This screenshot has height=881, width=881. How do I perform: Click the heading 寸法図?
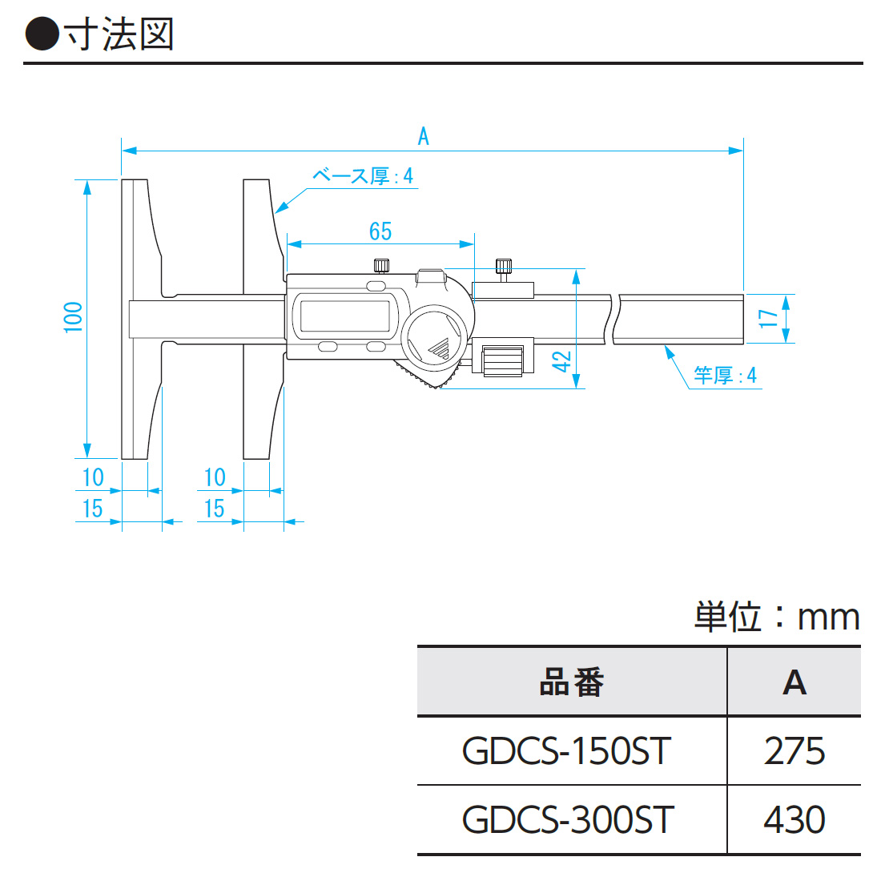(x=119, y=34)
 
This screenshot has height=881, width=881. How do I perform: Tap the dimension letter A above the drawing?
(x=424, y=136)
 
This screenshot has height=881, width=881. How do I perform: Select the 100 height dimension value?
(x=74, y=317)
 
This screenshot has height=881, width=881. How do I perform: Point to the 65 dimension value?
(x=380, y=231)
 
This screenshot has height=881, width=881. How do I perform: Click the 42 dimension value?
(x=563, y=361)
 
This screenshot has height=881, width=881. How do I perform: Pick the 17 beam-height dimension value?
(x=768, y=318)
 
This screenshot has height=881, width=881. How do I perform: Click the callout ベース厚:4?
(x=363, y=176)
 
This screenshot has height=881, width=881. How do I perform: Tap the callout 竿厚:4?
(x=725, y=375)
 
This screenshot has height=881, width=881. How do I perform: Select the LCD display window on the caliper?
(x=344, y=316)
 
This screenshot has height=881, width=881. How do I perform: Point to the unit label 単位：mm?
(x=776, y=617)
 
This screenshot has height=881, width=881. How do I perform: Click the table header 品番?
(x=571, y=682)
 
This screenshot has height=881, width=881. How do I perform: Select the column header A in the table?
(x=794, y=682)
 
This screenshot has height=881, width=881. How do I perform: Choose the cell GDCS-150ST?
(x=567, y=751)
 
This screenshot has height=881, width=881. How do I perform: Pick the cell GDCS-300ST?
(x=569, y=820)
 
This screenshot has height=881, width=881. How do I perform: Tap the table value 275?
(x=794, y=751)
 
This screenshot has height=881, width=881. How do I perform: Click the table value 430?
(x=794, y=820)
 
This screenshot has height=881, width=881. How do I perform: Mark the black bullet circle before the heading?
(x=42, y=34)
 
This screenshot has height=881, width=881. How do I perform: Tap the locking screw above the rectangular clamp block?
(x=504, y=267)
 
